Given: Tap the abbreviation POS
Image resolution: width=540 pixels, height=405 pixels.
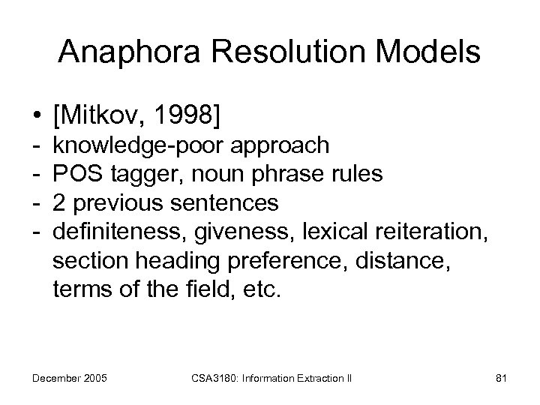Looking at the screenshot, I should tap(78, 175).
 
